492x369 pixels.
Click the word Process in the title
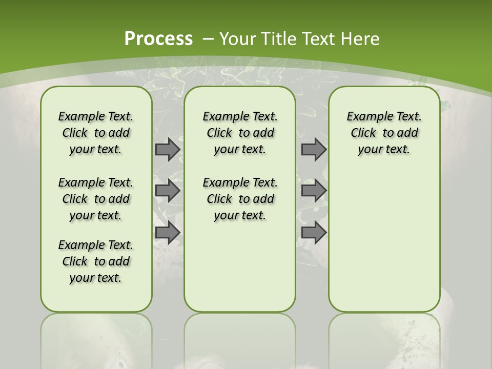click(158, 38)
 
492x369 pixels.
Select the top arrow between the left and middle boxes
click(168, 149)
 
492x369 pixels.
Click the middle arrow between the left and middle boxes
click(168, 191)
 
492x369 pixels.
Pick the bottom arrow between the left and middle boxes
click(168, 232)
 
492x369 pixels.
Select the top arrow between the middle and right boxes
click(314, 149)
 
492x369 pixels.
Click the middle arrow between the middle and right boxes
click(314, 191)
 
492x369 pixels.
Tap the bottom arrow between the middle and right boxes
click(314, 232)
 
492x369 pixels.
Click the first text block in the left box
click(96, 133)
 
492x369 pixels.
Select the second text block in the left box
click(96, 199)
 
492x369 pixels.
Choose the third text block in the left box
click(96, 261)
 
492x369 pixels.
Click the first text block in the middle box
click(240, 133)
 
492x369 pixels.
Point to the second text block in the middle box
click(240, 199)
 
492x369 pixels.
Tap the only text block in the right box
click(384, 133)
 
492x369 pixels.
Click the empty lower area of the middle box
click(240, 266)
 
